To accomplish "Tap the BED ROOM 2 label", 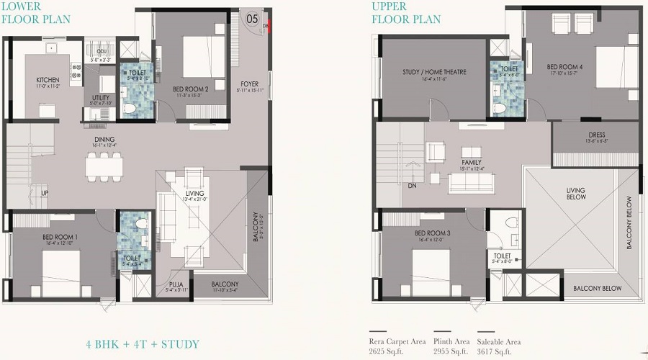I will click(x=191, y=89).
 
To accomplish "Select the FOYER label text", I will click(x=249, y=84).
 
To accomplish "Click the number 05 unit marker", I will click(x=252, y=19).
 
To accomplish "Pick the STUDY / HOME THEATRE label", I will click(x=434, y=72).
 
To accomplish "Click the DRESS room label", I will click(x=596, y=135).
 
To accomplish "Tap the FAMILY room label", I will click(x=472, y=163).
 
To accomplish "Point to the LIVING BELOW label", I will click(x=575, y=194).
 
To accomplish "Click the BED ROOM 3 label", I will click(x=432, y=234).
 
